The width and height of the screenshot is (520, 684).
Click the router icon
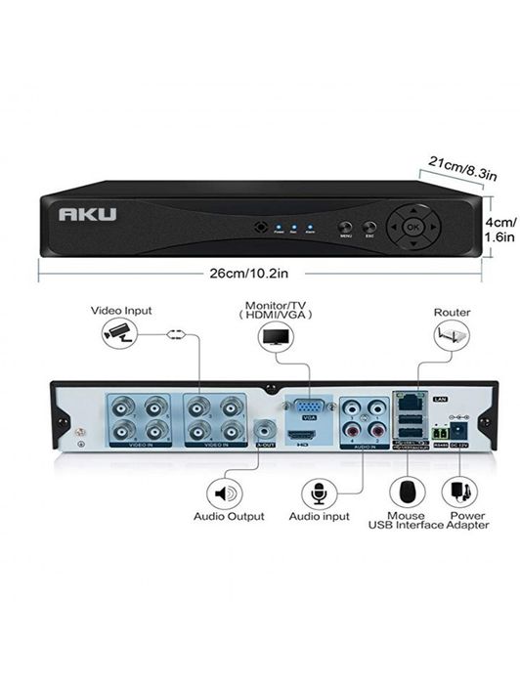coord(452,335)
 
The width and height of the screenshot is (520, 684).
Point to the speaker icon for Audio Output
coord(225,493)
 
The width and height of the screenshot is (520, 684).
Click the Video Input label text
coord(121,311)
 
